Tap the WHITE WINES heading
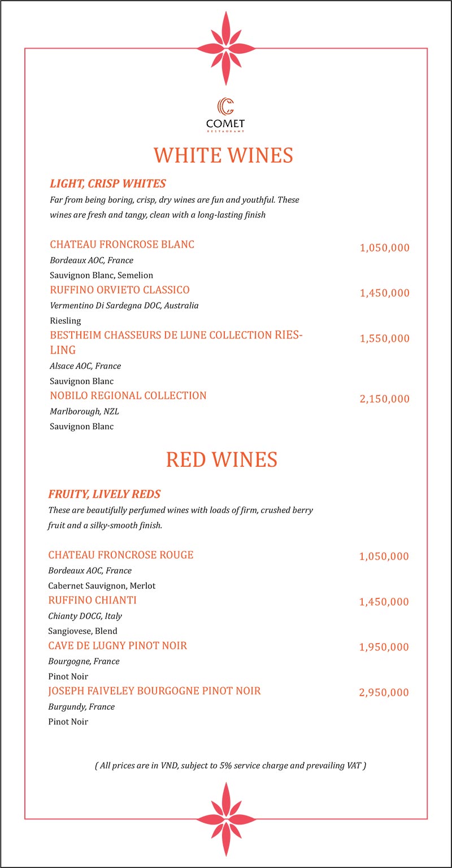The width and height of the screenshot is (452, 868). click(x=223, y=155)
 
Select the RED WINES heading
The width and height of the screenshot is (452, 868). click(x=221, y=459)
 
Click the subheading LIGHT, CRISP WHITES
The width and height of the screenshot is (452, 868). click(x=107, y=184)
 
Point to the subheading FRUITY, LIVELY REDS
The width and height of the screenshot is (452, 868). click(x=105, y=494)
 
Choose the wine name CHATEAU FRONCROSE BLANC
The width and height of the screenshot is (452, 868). click(x=122, y=245)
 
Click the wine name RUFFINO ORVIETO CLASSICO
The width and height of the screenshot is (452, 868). click(x=120, y=290)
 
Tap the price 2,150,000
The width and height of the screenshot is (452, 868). click(x=384, y=399)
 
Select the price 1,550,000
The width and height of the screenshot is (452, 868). click(x=384, y=338)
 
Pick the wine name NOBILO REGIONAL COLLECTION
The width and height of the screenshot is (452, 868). click(x=128, y=396)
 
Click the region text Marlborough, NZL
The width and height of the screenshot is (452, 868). click(x=84, y=411)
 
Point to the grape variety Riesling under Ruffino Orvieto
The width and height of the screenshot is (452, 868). click(x=66, y=320)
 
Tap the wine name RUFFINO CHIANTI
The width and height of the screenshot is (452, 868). click(x=93, y=600)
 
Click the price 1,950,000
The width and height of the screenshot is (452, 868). click(x=384, y=647)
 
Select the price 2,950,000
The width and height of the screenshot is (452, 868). click(x=384, y=692)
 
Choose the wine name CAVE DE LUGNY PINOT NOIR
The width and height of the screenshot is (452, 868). click(x=118, y=645)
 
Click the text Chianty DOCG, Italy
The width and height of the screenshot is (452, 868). click(x=85, y=616)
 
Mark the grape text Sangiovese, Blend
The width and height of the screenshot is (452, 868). click(x=82, y=631)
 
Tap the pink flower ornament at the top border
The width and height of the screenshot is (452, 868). click(x=225, y=48)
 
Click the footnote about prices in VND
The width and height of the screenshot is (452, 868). click(x=230, y=766)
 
